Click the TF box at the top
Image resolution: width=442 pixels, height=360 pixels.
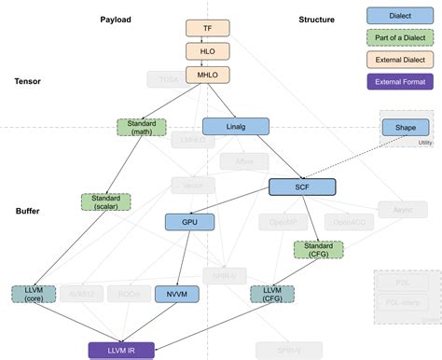208,29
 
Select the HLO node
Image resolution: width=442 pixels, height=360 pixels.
208,51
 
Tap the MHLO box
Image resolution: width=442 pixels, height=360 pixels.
208,74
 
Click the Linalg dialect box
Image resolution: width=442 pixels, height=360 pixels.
235,126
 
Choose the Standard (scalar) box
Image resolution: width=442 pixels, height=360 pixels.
105,201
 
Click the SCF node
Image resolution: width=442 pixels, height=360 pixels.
302,187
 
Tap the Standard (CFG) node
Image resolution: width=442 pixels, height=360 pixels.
318,250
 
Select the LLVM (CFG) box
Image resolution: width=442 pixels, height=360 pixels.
273,295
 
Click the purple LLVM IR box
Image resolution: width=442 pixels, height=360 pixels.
120,351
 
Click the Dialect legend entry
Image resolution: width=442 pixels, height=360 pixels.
398,16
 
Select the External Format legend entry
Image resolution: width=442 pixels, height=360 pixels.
398,82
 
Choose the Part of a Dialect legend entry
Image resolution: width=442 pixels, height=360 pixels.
398,38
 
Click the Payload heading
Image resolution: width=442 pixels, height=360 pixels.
117,20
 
